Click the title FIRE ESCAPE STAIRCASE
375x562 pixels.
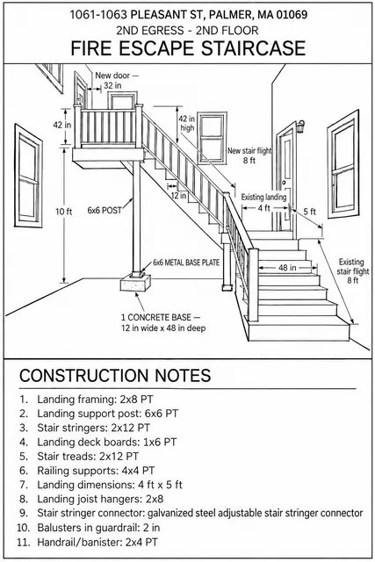[x=188, y=49]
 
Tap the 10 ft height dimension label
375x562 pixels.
[x=63, y=212]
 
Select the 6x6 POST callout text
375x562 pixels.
[x=105, y=211]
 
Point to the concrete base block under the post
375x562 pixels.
[x=135, y=284]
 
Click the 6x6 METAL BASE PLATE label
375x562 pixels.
[x=186, y=263]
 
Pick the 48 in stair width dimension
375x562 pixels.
[x=287, y=268]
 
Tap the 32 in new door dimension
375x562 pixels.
[x=112, y=86]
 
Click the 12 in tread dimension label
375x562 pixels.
[x=178, y=196]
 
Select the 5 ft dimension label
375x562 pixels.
[x=309, y=212]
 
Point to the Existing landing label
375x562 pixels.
[x=263, y=197]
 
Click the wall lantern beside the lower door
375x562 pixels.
[x=300, y=126]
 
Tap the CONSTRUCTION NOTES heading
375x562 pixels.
[x=115, y=375]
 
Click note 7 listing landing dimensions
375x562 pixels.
[x=101, y=485]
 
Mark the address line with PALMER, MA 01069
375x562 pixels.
[x=188, y=15]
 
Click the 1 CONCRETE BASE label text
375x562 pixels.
[x=161, y=318]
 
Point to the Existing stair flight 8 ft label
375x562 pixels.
[x=352, y=271]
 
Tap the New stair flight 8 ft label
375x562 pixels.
[x=249, y=155]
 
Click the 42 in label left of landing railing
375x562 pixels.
[x=62, y=125]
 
